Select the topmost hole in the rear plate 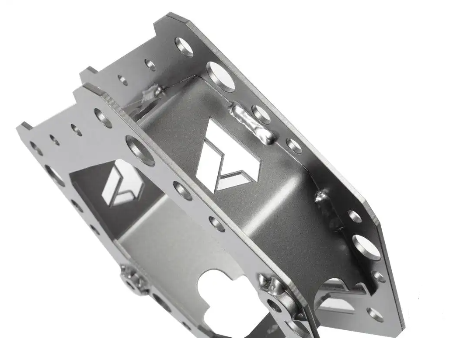point(184,46)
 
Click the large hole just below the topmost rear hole point(220,76)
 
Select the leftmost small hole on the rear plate point(123,80)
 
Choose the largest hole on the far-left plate point(54,175)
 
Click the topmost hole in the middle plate point(103,118)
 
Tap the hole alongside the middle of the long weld point(261,114)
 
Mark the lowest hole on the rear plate point(375,314)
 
